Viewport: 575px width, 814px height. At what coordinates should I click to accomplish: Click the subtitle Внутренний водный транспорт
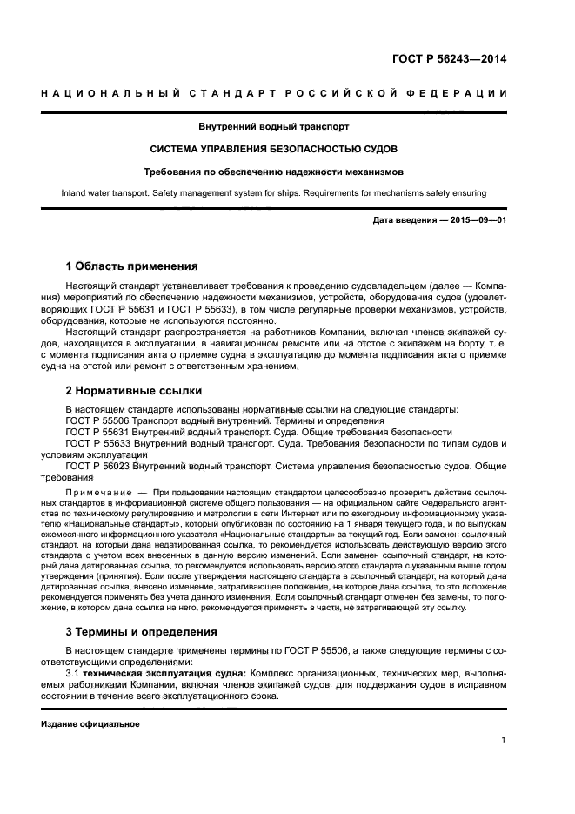(274, 126)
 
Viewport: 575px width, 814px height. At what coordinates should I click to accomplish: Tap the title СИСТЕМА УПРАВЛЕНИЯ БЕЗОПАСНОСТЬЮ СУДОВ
(274, 149)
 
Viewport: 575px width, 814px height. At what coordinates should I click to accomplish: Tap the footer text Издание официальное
(90, 724)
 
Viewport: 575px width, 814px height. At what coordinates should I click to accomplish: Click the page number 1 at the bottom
(504, 740)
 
